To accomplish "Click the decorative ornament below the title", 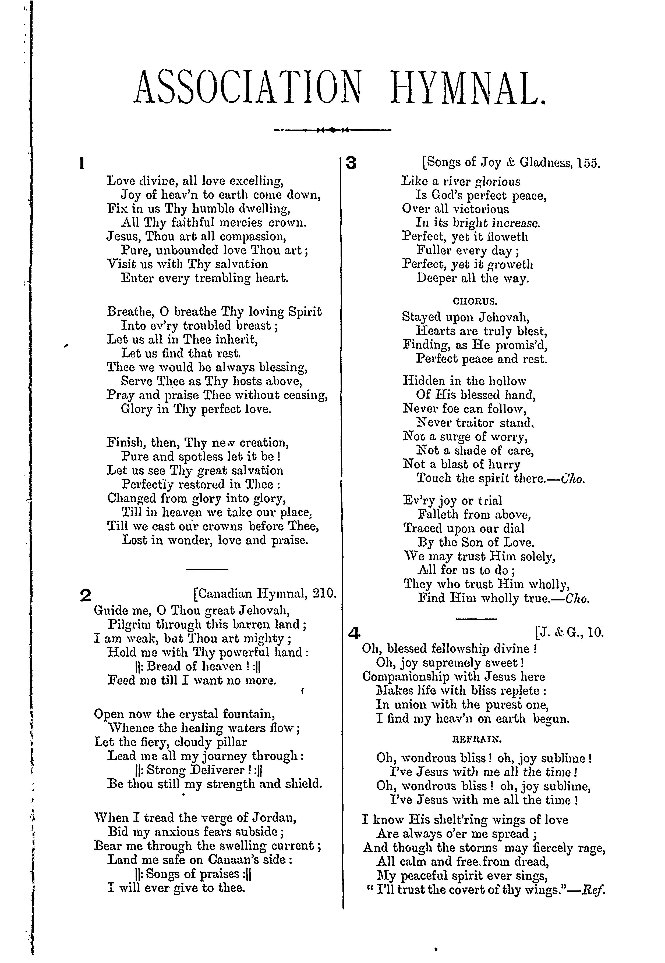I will [332, 130].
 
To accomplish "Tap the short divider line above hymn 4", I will [476, 619].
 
